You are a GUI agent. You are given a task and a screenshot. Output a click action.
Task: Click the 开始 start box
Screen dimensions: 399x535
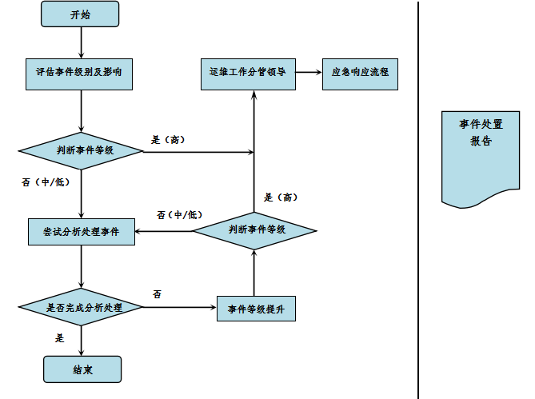tap(80, 14)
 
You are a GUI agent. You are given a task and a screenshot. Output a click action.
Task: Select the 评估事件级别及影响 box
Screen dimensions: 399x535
tap(80, 72)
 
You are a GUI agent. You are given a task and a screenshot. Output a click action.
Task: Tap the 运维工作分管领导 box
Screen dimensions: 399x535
tap(246, 72)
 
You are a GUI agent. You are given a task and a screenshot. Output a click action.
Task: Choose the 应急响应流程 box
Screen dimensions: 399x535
tap(360, 72)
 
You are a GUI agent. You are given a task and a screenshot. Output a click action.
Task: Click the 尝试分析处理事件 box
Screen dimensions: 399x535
tap(81, 231)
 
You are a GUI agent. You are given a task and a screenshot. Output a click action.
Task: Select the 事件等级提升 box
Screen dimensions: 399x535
tap(256, 308)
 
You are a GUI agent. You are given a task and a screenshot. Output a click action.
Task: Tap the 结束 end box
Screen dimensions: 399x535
tap(82, 369)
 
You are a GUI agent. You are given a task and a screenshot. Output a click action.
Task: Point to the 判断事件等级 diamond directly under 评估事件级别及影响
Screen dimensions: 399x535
tap(80, 150)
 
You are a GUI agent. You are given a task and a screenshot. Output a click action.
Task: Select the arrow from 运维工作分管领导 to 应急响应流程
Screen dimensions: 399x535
tap(308, 72)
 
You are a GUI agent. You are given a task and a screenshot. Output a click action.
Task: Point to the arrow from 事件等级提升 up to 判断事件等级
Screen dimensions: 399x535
tap(254, 272)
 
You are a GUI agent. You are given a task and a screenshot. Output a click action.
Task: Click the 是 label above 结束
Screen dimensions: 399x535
tap(59, 338)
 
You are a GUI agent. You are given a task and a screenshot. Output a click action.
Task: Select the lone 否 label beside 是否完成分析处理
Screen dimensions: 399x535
tap(157, 294)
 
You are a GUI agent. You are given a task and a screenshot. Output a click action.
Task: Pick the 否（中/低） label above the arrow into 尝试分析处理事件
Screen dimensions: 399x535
tap(179, 215)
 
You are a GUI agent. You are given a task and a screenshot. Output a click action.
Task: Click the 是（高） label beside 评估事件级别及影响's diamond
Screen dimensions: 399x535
tap(168, 139)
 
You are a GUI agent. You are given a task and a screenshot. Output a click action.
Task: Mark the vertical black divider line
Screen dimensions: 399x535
tap(418, 200)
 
